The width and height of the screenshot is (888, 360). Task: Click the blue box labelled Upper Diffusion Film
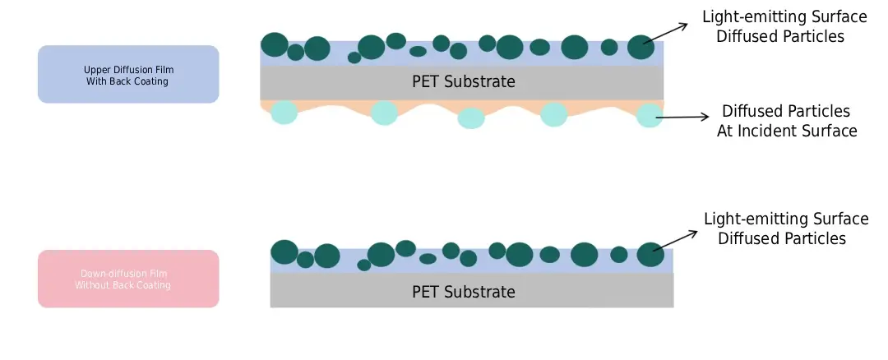click(x=128, y=74)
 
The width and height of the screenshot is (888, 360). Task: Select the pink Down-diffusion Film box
click(x=128, y=279)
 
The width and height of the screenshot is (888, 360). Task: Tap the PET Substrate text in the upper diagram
click(x=463, y=81)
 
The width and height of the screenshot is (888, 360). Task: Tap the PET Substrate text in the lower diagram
click(x=463, y=292)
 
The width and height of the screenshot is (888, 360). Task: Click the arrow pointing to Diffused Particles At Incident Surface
click(x=682, y=118)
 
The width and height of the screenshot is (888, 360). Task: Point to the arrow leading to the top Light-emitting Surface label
click(x=667, y=33)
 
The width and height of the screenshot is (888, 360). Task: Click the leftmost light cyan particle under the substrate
click(x=284, y=112)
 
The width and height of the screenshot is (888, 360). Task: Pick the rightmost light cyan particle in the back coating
click(x=649, y=115)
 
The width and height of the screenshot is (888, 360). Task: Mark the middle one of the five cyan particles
click(x=472, y=118)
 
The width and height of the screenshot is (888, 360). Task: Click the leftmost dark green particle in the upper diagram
click(x=275, y=44)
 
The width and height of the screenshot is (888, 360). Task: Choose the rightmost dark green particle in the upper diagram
click(x=641, y=48)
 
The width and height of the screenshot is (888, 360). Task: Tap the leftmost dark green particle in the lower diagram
click(x=284, y=252)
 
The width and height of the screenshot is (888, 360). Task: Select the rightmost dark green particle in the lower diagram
click(x=650, y=255)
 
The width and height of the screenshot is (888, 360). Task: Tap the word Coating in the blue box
click(x=153, y=81)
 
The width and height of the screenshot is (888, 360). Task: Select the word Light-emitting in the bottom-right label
click(x=756, y=219)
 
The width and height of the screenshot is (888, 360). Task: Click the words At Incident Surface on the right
click(x=786, y=131)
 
